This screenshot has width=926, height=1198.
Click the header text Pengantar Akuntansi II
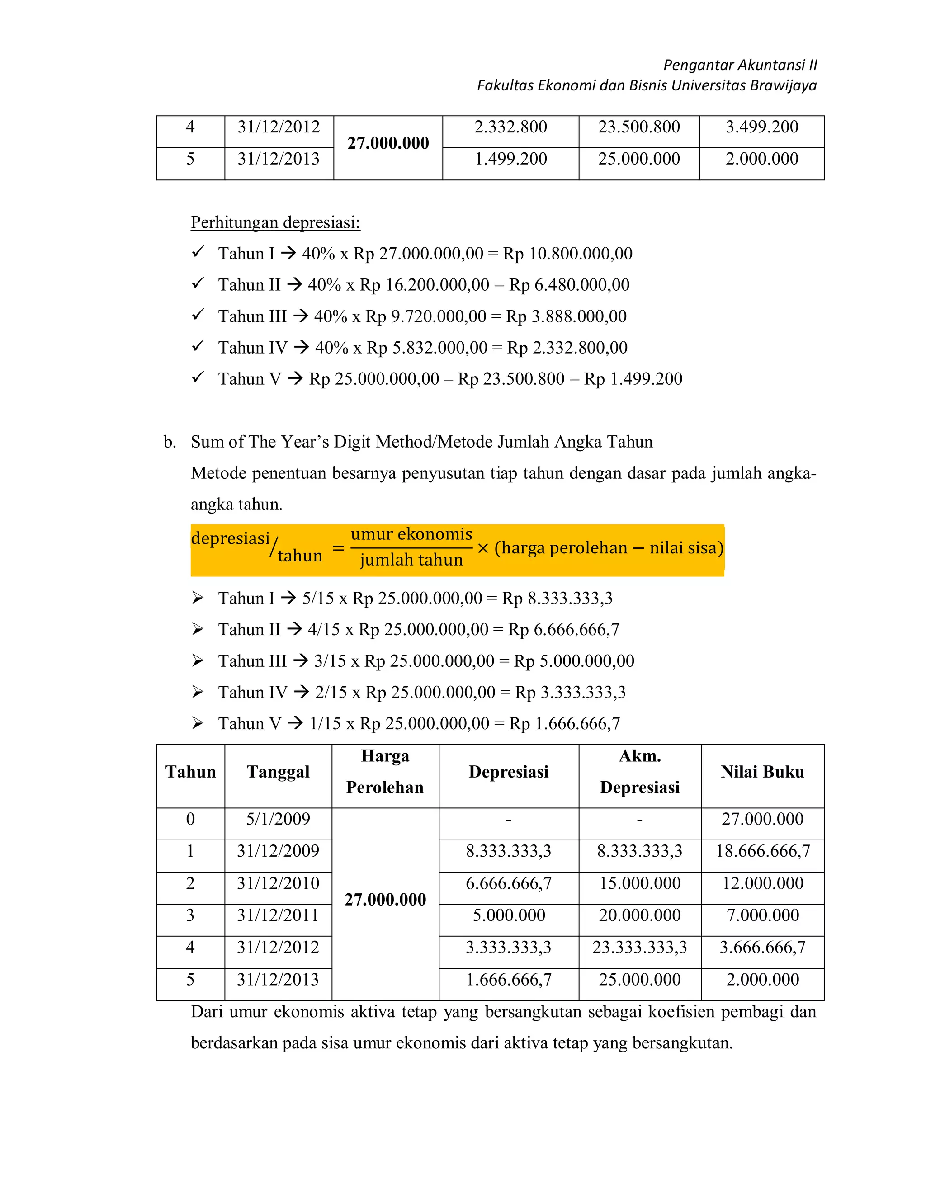739,65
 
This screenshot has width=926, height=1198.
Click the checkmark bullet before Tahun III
198,315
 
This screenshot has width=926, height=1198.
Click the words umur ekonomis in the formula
411,534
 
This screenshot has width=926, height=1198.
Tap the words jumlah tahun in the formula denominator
411,560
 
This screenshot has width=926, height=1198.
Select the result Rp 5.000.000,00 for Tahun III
574,661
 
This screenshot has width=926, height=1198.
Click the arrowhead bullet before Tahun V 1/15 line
198,723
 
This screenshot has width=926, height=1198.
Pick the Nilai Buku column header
762,772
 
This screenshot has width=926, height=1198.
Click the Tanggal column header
278,772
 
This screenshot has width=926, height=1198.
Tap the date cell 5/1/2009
278,819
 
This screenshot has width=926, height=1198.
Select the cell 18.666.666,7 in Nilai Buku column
762,851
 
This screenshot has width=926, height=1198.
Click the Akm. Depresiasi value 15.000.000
640,883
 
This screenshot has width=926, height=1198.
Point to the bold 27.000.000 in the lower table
385,900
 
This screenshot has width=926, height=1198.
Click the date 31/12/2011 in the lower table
278,915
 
